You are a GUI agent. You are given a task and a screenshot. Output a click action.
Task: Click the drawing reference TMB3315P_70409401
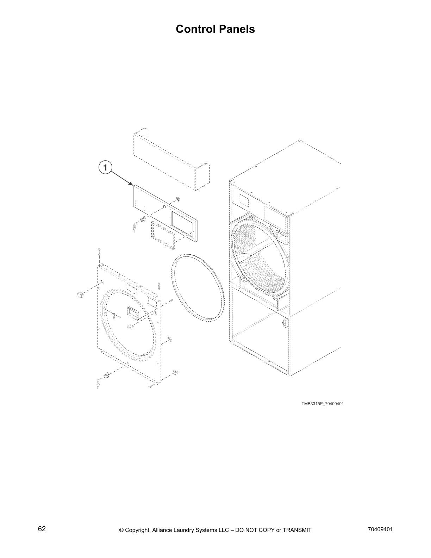(x=322, y=403)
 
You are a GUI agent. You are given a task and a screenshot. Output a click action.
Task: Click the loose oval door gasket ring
(x=198, y=287)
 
